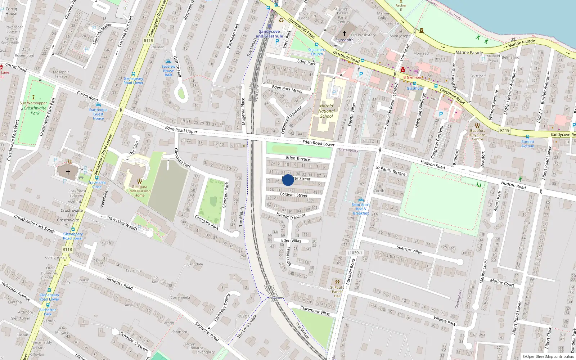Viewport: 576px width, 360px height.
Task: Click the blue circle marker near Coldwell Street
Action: (x=288, y=180)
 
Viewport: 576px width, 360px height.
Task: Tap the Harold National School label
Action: (x=327, y=111)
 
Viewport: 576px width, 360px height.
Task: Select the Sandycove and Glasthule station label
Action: (x=269, y=34)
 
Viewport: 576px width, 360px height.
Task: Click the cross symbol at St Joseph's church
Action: (x=345, y=33)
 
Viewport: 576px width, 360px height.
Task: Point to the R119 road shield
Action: (x=505, y=130)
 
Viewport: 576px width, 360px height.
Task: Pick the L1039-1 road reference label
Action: (x=355, y=253)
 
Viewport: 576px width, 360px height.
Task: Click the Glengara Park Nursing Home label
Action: (x=139, y=191)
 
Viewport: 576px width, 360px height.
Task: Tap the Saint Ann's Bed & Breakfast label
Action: (x=361, y=209)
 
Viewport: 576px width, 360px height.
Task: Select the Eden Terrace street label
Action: (x=298, y=158)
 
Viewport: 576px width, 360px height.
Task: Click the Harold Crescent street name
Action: (x=291, y=216)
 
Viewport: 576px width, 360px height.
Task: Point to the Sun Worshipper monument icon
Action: (x=33, y=98)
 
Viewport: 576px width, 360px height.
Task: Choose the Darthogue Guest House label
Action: (x=98, y=114)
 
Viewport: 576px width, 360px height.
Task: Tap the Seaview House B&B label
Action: (x=168, y=71)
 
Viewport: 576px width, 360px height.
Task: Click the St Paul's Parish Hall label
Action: (x=337, y=292)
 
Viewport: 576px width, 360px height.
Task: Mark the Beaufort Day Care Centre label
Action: (x=477, y=135)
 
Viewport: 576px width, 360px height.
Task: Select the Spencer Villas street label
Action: (x=409, y=250)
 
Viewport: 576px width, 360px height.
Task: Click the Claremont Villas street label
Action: (x=315, y=311)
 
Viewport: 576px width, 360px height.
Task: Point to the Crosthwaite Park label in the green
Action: (x=35, y=111)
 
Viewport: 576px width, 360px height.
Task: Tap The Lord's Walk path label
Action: (x=247, y=327)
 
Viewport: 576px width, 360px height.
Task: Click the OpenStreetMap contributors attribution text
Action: (x=548, y=357)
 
